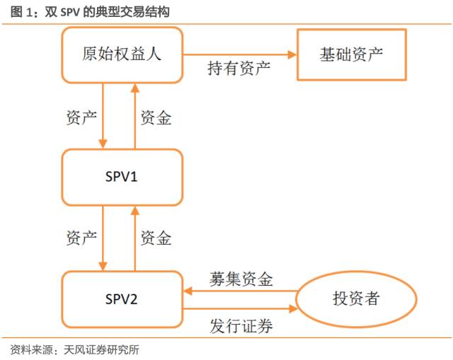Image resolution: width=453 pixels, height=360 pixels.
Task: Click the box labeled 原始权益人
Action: tap(122, 54)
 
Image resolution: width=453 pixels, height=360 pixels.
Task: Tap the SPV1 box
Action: tap(122, 176)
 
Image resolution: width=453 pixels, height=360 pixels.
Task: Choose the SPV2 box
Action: tap(122, 298)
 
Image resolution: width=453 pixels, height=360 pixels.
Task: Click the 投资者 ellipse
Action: tap(355, 298)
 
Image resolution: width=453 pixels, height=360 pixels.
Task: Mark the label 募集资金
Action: tap(241, 279)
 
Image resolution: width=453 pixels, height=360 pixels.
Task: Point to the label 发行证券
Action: tap(241, 326)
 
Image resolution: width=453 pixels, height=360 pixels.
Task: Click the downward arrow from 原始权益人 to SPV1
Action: tap(103, 113)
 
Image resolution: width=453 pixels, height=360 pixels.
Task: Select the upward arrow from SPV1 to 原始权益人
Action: tap(134, 113)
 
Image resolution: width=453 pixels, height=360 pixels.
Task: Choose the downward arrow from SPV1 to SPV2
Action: tap(103, 237)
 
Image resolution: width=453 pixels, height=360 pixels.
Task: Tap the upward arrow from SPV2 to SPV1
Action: tap(134, 237)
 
